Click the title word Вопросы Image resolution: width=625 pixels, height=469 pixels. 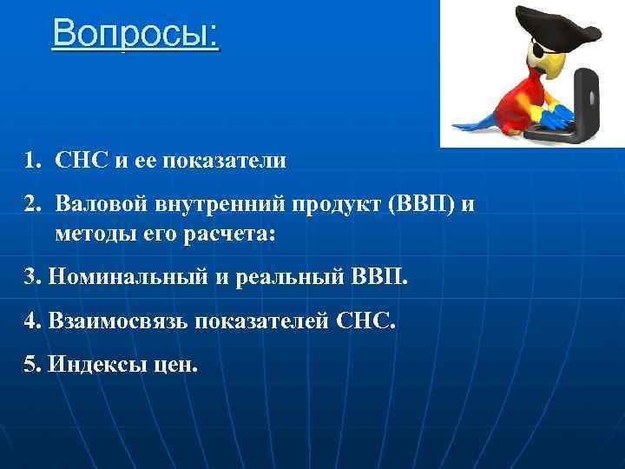tap(135, 35)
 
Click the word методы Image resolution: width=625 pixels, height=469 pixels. tap(91, 234)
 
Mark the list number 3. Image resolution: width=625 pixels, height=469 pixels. tap(32, 278)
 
